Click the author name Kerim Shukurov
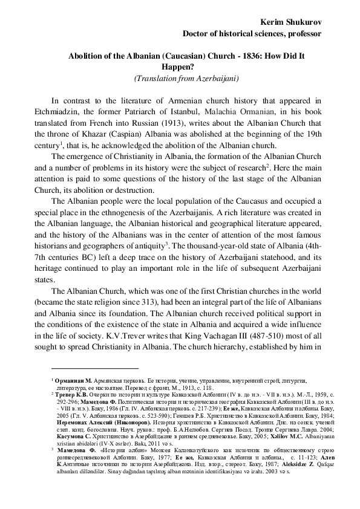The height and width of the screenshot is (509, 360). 288,21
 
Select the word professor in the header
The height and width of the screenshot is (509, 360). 296,33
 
